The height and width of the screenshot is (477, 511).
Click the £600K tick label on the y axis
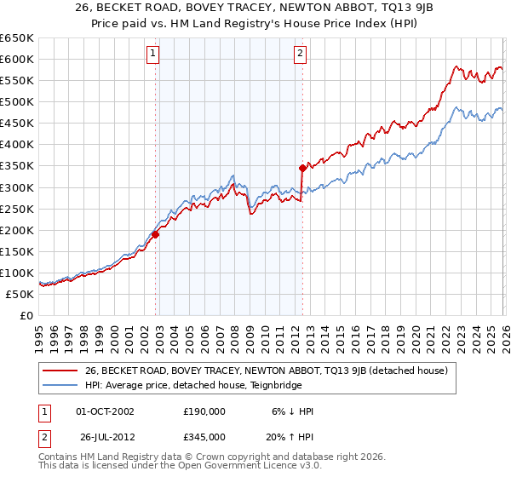click(17, 59)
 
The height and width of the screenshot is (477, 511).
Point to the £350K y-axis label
click(17, 166)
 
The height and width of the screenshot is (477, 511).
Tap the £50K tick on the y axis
click(20, 294)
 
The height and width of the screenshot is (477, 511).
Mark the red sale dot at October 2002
click(155, 233)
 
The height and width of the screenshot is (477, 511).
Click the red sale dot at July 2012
click(302, 168)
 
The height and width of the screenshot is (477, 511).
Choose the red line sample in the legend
click(60, 371)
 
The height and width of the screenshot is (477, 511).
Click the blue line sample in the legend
click(60, 384)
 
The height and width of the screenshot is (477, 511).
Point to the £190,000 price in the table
click(204, 411)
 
